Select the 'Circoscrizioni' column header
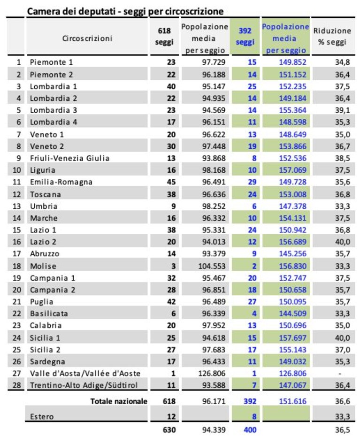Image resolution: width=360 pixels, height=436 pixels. coord(87,38)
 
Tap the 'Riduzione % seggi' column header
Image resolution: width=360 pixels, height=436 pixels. coord(332,36)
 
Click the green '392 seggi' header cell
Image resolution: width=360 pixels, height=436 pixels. coord(245,36)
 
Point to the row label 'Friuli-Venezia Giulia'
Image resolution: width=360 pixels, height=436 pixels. coord(69,158)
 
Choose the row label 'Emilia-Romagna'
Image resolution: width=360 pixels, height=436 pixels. coord(61,182)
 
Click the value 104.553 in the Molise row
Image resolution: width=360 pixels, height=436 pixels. coord(212,266)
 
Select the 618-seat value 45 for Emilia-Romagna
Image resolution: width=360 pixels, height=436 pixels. coord(171,182)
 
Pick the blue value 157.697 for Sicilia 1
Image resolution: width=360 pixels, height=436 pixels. coord(292,338)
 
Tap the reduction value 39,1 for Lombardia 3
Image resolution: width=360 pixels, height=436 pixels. coord(342,110)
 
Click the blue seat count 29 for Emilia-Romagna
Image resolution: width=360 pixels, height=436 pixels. coord(252,182)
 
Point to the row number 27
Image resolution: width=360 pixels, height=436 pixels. coord(17,373)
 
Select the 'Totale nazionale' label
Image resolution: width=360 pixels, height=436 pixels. coord(119,401)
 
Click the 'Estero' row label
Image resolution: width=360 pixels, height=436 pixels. coord(42,417)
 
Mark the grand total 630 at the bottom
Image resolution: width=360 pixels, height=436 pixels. coord(169,429)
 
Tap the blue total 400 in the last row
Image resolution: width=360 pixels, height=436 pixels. coord(250,429)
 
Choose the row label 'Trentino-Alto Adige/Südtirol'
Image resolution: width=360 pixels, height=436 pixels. coord(84,385)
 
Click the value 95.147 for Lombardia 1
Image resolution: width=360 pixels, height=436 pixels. coord(214,86)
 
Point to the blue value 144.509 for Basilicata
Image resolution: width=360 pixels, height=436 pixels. coord(292,314)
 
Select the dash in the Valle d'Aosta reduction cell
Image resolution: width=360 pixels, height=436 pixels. coord(340,374)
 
